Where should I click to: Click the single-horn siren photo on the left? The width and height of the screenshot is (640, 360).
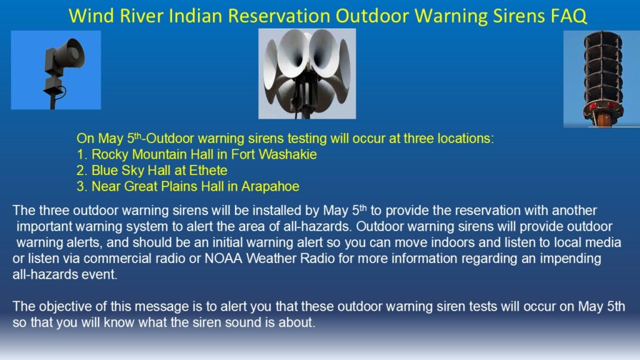pos(56,70)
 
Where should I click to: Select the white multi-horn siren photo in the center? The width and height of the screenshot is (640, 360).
pos(307,74)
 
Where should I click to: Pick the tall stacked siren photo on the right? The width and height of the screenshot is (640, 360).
pos(602,79)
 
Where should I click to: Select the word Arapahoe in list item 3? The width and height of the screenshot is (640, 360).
pos(270,186)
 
